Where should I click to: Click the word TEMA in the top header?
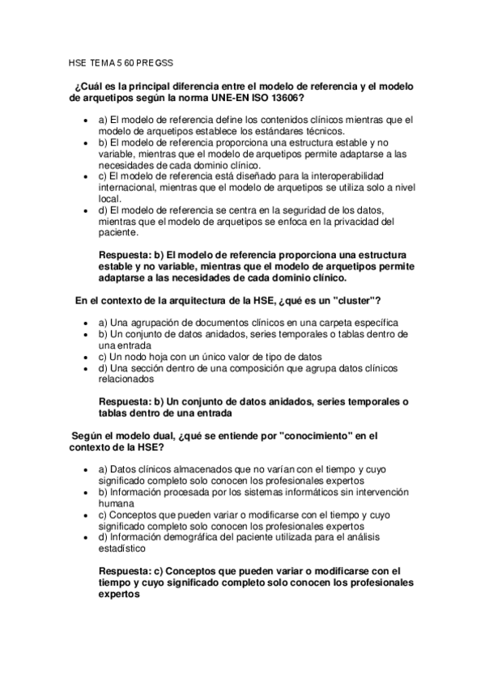click(100, 61)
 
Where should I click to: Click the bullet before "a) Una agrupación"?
click(87, 323)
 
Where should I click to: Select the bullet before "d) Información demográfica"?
click(87, 536)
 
